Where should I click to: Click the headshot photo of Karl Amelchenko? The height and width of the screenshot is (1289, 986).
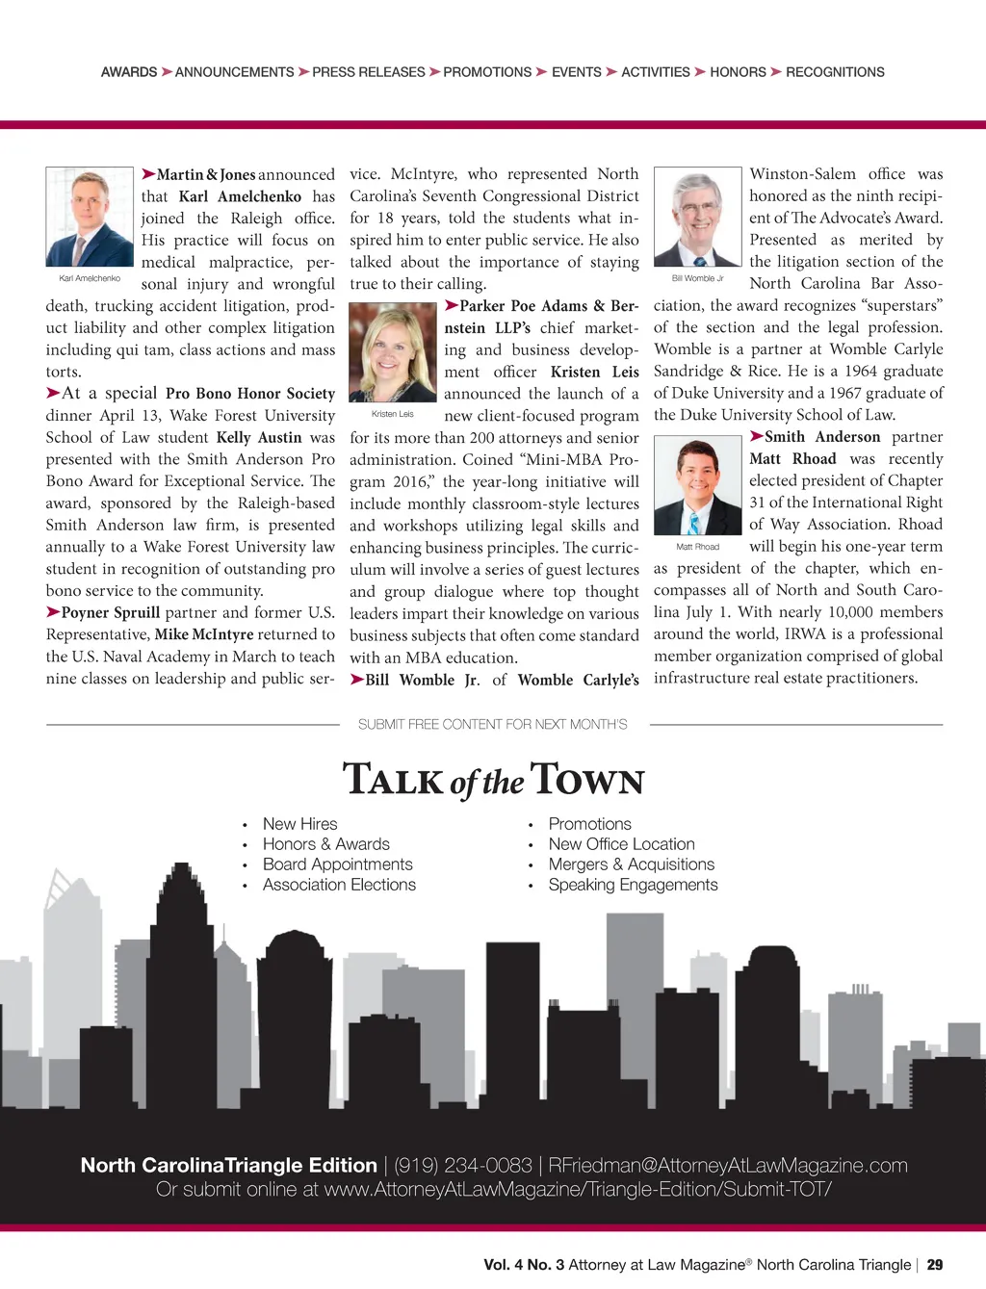click(x=90, y=217)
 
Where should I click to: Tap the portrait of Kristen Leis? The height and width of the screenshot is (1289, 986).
click(x=392, y=352)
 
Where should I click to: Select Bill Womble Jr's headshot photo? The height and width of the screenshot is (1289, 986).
click(x=697, y=217)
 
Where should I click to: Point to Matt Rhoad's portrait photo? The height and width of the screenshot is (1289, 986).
click(x=697, y=485)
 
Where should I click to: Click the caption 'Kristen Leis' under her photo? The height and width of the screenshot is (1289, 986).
click(x=392, y=414)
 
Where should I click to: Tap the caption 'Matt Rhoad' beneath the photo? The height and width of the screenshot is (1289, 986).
click(x=697, y=547)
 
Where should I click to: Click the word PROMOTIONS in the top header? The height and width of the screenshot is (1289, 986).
click(x=487, y=72)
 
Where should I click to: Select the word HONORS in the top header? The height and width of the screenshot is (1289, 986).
click(x=738, y=72)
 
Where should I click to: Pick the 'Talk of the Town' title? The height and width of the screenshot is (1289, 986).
click(x=493, y=780)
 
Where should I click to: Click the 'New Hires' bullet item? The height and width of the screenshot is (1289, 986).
click(x=299, y=824)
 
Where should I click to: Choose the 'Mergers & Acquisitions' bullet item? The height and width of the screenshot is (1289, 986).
click(x=631, y=864)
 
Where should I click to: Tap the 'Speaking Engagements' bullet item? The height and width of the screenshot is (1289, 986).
click(x=633, y=885)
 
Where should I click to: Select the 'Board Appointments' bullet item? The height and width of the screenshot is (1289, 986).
click(x=337, y=864)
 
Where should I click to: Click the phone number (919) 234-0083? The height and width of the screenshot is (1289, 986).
click(x=463, y=1166)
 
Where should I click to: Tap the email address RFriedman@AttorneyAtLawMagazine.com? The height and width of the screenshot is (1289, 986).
click(x=727, y=1166)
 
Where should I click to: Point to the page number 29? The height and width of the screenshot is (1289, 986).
click(x=935, y=1265)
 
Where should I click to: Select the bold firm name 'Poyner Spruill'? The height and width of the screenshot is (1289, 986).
click(x=111, y=612)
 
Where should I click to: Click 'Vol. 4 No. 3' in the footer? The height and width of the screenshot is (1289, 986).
click(x=524, y=1265)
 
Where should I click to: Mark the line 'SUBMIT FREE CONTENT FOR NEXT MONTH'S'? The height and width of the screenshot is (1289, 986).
click(x=492, y=724)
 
